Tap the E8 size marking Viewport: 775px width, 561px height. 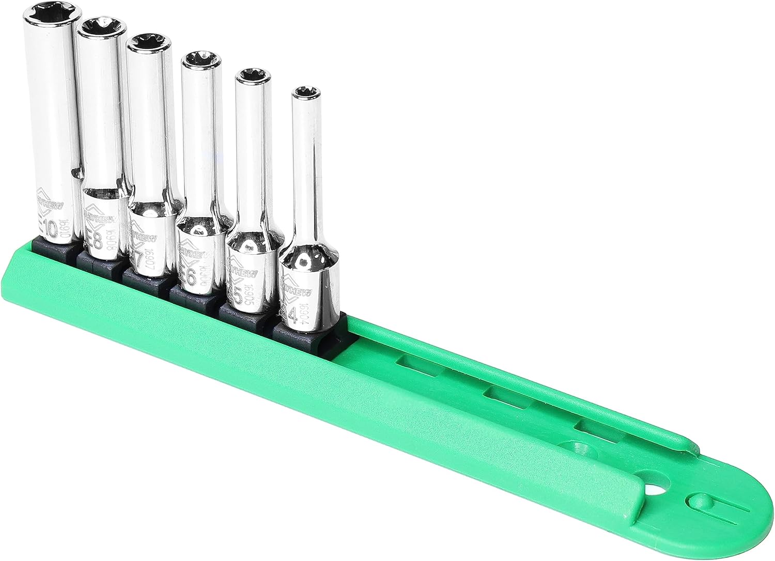pyautogui.click(x=93, y=238)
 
